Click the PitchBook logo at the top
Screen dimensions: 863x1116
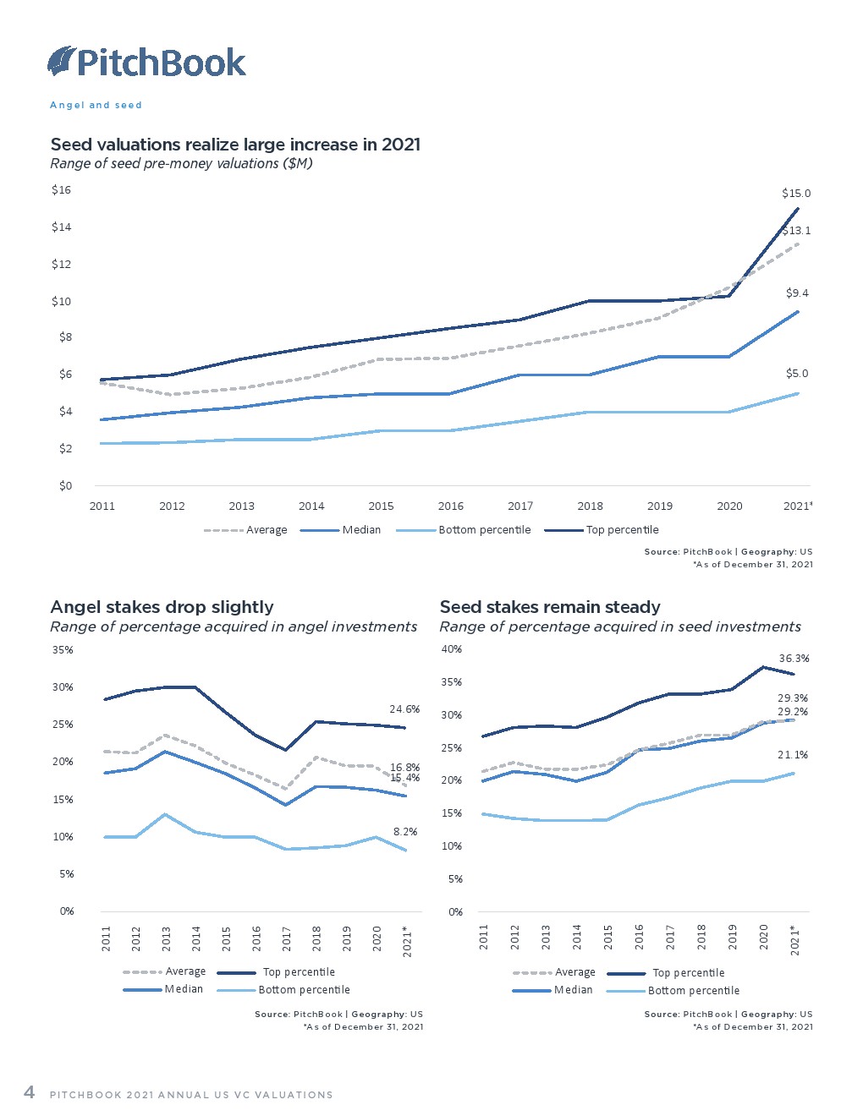click(146, 63)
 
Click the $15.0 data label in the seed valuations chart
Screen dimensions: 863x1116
click(796, 194)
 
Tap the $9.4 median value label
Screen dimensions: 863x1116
click(797, 293)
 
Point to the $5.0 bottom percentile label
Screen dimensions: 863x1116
click(797, 374)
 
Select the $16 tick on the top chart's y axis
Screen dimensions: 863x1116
click(61, 190)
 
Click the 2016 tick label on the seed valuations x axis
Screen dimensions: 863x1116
click(451, 506)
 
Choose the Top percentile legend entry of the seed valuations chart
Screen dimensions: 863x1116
click(602, 530)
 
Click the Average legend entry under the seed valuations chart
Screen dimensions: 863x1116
click(245, 530)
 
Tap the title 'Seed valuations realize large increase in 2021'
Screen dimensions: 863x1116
click(235, 145)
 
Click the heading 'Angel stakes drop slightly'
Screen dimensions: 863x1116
click(162, 607)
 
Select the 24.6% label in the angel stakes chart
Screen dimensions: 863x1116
click(404, 709)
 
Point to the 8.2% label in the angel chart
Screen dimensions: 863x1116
click(405, 831)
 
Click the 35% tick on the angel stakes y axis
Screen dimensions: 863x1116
click(63, 649)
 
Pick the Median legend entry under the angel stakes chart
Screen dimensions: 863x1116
click(163, 989)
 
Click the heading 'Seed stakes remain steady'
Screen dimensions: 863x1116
click(550, 607)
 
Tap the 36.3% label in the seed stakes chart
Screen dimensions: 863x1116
click(794, 659)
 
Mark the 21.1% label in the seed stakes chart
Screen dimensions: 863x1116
click(793, 755)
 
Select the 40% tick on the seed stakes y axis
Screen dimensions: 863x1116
click(452, 649)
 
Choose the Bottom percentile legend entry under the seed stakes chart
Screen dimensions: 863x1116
click(673, 990)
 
